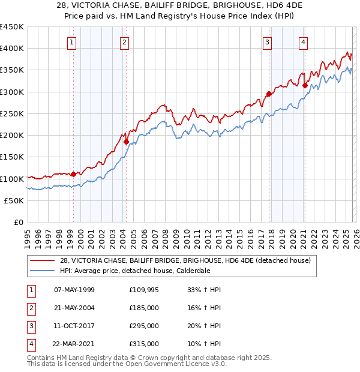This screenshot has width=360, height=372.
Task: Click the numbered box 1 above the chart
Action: [71, 42]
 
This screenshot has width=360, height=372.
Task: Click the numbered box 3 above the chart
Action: [267, 42]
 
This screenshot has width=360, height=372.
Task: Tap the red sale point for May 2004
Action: [126, 142]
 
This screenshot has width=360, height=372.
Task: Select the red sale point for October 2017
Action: [269, 94]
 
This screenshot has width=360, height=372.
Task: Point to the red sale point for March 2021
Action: [305, 85]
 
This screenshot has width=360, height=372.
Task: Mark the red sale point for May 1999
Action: [73, 175]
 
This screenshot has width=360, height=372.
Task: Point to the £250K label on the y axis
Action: [12, 114]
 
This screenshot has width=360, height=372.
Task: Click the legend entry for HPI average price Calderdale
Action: [135, 271]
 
